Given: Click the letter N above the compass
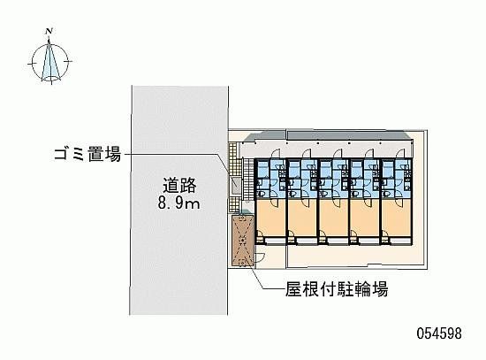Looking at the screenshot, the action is (x=49, y=31).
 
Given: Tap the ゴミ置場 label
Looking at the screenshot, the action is (x=87, y=154).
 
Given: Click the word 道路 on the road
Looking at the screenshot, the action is (x=179, y=186).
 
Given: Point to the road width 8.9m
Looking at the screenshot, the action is (x=178, y=203).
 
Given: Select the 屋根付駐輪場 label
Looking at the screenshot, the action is (x=337, y=289).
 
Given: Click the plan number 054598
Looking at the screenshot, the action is (x=439, y=333).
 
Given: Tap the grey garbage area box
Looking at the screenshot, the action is (x=235, y=188).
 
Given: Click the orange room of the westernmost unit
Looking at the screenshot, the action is (x=270, y=218).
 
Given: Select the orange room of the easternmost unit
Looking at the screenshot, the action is (x=397, y=218).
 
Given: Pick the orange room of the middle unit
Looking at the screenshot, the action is (x=334, y=218).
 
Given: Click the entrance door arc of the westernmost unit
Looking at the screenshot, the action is (x=276, y=154).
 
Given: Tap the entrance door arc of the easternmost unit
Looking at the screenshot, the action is (x=400, y=154).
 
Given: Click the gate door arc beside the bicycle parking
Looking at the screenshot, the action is (x=260, y=258).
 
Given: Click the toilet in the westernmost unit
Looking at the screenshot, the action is (x=261, y=195).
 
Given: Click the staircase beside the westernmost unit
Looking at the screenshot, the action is (x=248, y=180).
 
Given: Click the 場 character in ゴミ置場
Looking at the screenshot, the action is (x=113, y=154).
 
